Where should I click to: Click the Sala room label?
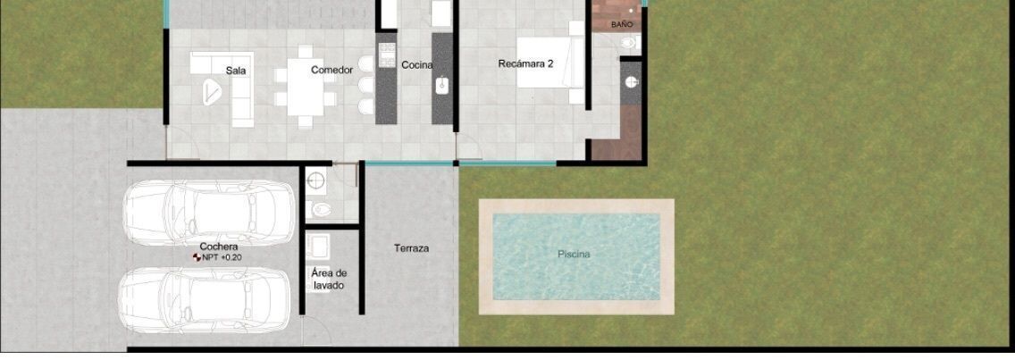tap(236, 71)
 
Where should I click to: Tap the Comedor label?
tap(331, 70)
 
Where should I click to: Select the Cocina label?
tap(417, 65)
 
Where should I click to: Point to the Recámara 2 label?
tap(525, 64)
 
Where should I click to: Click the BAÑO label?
tap(622, 25)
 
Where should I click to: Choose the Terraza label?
tap(411, 248)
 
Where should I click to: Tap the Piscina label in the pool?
tap(574, 255)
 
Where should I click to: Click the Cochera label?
tap(218, 247)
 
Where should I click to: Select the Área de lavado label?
tap(329, 279)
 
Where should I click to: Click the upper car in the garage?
tap(208, 213)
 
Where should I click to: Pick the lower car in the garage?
tap(205, 300)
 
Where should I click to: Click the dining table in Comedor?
tap(305, 87)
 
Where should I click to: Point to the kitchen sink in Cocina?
tap(443, 86)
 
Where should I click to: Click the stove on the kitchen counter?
tap(387, 54)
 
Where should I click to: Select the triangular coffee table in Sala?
tap(212, 91)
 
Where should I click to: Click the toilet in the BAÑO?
tap(629, 44)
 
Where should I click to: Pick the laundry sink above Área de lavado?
tap(318, 246)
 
